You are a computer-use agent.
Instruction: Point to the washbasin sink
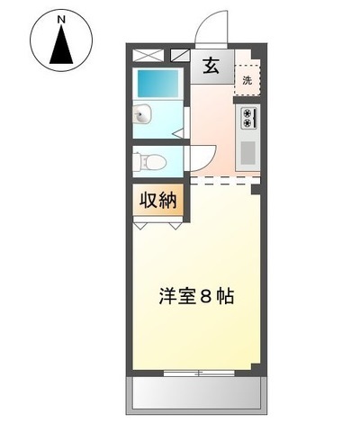click(x=143, y=114)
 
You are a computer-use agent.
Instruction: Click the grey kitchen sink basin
click(x=247, y=152)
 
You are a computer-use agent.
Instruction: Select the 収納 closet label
click(x=158, y=201)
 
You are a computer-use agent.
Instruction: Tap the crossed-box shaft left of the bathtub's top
click(x=146, y=54)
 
